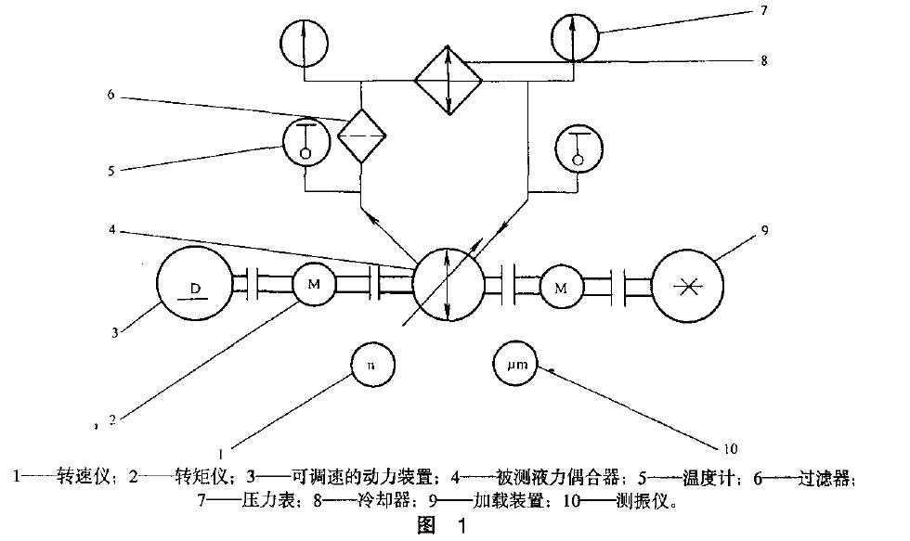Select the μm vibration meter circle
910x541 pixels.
coord(517,366)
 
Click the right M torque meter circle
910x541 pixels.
coord(561,288)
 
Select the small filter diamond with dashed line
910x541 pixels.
coord(361,135)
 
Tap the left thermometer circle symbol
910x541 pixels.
coord(305,145)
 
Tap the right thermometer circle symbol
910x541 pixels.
coord(578,149)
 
